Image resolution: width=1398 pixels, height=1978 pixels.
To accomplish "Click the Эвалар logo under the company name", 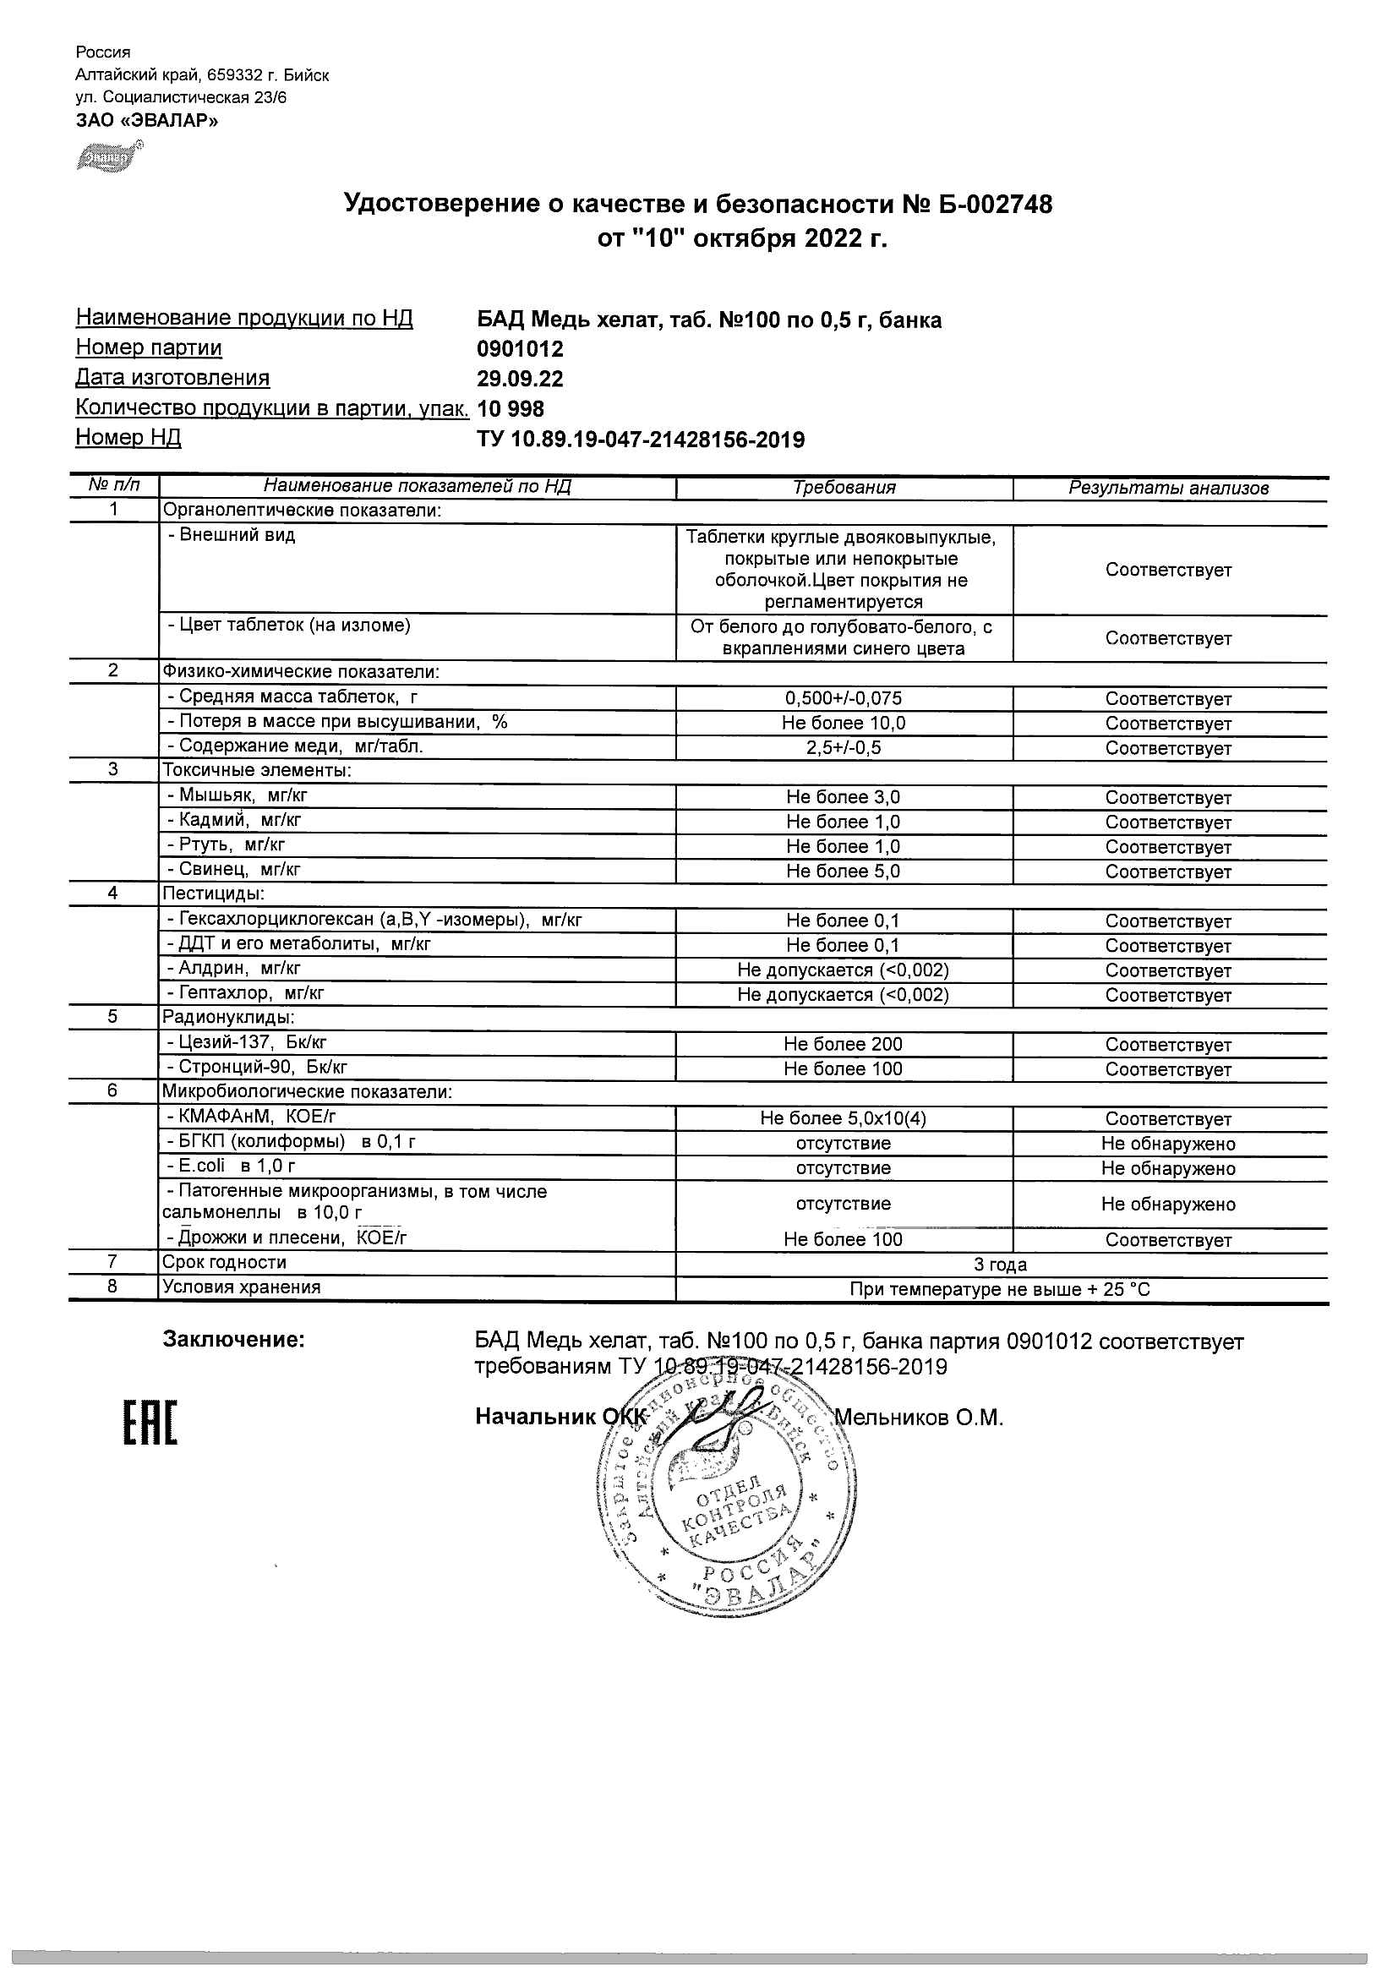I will pos(108,159).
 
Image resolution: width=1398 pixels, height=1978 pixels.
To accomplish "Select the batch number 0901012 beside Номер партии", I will pos(521,349).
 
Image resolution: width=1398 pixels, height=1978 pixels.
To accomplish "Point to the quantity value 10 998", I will pos(511,408).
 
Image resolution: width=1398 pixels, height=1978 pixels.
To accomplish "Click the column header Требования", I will pos(844,488).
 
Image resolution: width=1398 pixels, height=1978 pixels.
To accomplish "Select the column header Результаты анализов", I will pos(1168,489).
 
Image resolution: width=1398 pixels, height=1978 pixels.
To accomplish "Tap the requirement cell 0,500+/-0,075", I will pos(844,699).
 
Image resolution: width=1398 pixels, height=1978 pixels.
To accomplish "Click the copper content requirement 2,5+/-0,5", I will pos(844,748).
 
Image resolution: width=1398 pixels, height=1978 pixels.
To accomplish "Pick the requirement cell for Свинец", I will pos(844,871).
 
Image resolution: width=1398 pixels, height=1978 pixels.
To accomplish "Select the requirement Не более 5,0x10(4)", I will pos(844,1118).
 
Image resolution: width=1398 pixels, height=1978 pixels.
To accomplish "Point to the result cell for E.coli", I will pos(1168,1168).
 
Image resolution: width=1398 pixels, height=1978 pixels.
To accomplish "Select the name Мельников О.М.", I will pos(919,1418).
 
